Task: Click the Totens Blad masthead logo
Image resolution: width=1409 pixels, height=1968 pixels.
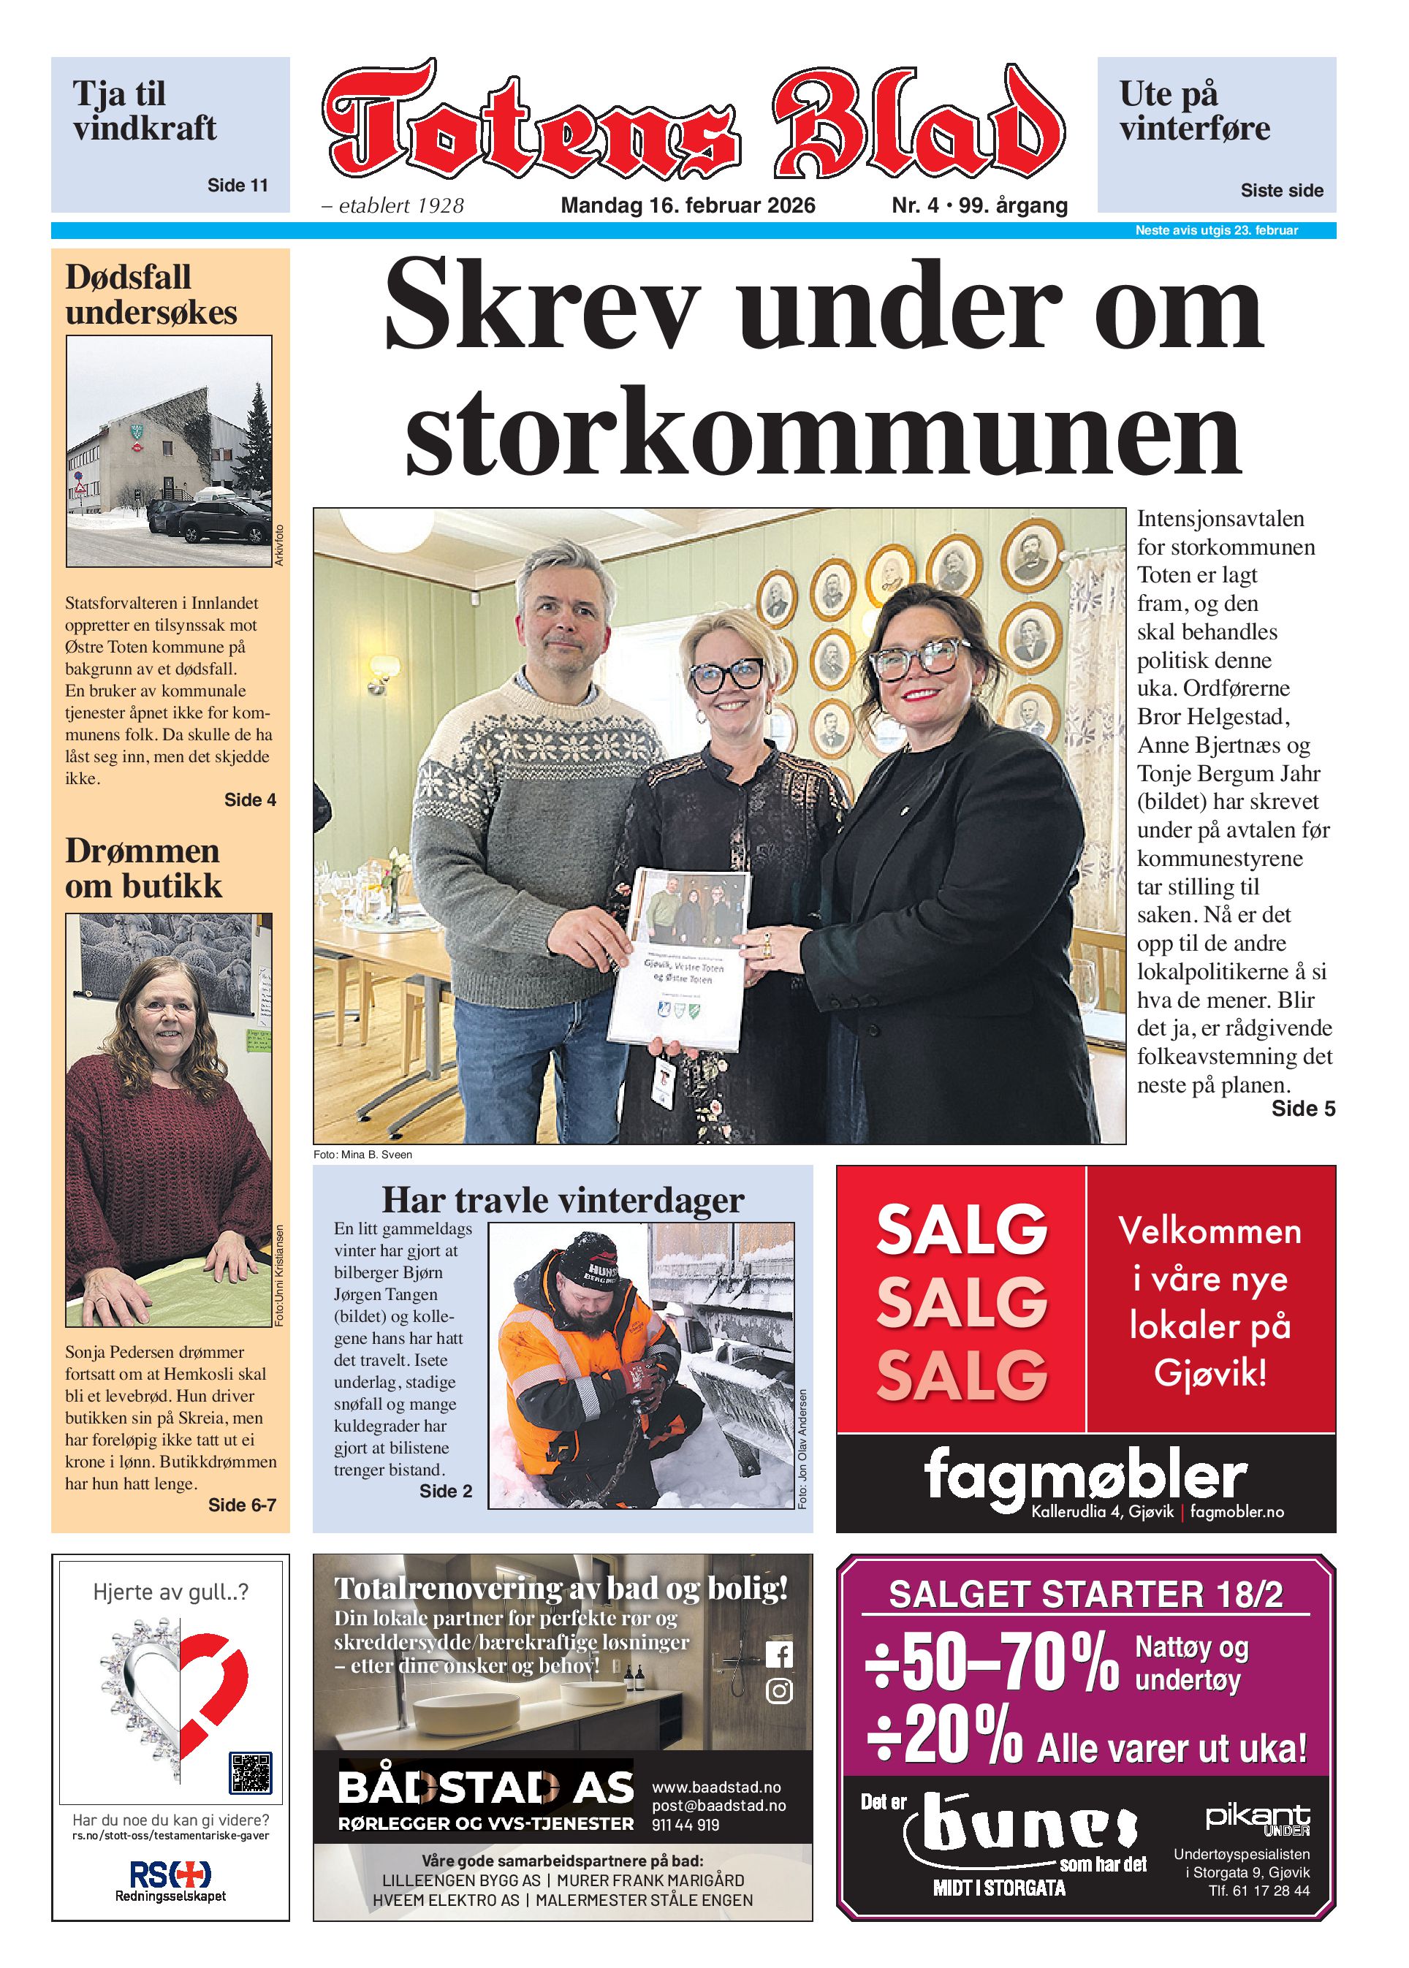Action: click(692, 121)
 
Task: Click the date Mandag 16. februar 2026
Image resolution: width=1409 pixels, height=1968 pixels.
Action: click(687, 205)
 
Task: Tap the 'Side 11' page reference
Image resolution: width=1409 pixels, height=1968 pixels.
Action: click(237, 185)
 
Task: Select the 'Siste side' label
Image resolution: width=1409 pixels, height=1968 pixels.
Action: click(1280, 190)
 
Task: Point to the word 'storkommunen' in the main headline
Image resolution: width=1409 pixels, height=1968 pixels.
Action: click(822, 431)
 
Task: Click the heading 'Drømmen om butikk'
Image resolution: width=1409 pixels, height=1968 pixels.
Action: click(143, 868)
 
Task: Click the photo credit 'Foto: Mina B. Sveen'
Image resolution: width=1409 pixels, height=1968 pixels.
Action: click(362, 1155)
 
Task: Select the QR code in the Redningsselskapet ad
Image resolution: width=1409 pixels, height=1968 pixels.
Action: click(250, 1773)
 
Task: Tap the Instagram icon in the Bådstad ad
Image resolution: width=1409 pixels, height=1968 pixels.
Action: click(778, 1690)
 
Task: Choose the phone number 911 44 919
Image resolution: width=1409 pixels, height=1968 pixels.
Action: click(685, 1825)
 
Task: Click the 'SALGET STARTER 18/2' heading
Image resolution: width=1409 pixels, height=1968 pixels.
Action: click(1085, 1594)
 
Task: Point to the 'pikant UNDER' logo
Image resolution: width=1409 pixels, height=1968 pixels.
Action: click(1256, 1820)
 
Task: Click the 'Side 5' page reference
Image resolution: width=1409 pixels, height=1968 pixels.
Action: click(1302, 1109)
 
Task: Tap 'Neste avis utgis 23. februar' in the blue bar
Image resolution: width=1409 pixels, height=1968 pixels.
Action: click(1215, 231)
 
